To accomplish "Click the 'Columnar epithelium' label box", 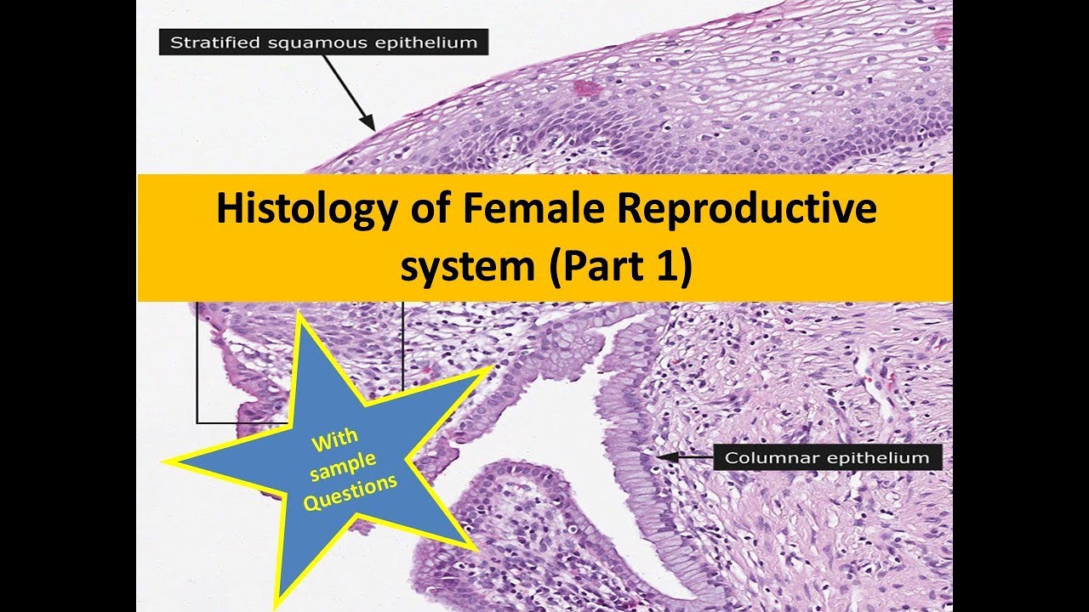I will pyautogui.click(x=826, y=458).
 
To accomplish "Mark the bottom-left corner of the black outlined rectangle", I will pyautogui.click(x=197, y=422).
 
